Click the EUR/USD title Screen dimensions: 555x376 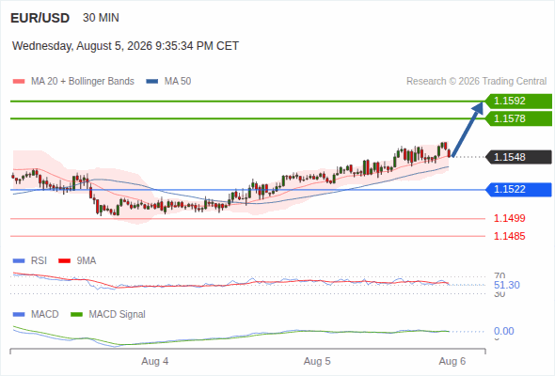(x=40, y=18)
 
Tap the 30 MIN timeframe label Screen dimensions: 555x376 (x=101, y=18)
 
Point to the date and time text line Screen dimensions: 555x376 (x=126, y=46)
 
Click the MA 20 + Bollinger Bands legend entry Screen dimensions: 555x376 (x=73, y=82)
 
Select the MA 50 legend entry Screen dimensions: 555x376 (x=168, y=82)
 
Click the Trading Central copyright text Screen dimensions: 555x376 (x=476, y=82)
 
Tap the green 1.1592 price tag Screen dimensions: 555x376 (x=518, y=102)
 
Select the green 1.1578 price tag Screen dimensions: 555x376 (x=518, y=118)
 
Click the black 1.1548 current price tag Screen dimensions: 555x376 (x=518, y=157)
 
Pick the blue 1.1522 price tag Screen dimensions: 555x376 (x=518, y=189)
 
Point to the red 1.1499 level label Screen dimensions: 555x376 (x=509, y=218)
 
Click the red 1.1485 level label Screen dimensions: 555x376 (x=509, y=236)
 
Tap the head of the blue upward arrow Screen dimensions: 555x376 (x=479, y=107)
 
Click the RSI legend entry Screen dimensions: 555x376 (x=30, y=261)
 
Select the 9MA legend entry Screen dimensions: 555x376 (x=77, y=261)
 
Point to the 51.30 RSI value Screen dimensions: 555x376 (x=507, y=285)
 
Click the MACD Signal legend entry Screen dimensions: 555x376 (x=108, y=315)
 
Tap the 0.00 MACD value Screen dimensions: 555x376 (x=503, y=331)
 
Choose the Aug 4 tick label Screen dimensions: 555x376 (x=155, y=361)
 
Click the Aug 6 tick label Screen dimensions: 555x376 (x=452, y=361)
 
